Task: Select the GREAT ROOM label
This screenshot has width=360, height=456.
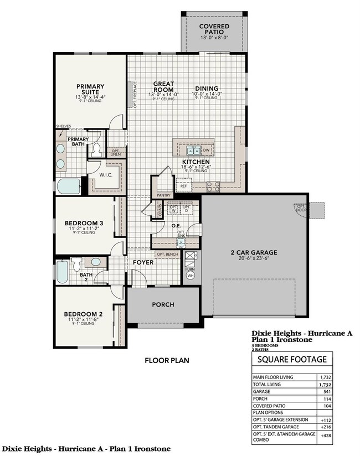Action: [x=164, y=86]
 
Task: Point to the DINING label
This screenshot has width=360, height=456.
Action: [x=205, y=89]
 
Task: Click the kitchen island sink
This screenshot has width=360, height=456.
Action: [x=193, y=150]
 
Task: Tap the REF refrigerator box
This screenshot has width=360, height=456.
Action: [x=184, y=186]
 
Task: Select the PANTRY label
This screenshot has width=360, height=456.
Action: [x=163, y=195]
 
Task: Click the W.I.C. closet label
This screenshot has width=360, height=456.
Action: [x=107, y=175]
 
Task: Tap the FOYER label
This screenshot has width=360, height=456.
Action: [x=143, y=262]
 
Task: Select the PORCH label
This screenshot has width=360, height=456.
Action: [x=163, y=304]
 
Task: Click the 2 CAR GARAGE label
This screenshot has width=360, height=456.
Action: [x=254, y=252]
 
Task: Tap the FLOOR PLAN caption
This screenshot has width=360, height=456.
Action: [x=167, y=360]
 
